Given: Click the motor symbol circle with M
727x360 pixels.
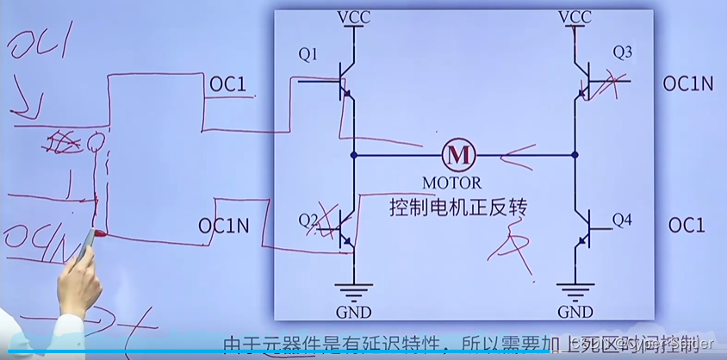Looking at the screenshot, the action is [x=458, y=156].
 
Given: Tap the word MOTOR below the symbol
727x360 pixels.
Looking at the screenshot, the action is [x=452, y=183].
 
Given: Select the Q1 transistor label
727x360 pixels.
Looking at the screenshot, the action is [x=308, y=55].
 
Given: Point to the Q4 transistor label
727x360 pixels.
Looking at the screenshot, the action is [x=622, y=220].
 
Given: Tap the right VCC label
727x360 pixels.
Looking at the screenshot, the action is [x=575, y=17].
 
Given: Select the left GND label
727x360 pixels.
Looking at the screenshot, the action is [x=354, y=311].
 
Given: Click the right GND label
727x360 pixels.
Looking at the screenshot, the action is [x=575, y=311].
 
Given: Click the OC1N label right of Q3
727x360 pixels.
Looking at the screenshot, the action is [x=688, y=84].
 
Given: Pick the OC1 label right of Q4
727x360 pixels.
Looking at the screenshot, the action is [x=686, y=226].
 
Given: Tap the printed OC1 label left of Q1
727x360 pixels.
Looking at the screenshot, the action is [x=228, y=84].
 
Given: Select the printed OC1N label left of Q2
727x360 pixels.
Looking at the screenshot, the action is [x=224, y=226].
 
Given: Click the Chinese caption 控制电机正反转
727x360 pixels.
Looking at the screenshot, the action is [x=457, y=208].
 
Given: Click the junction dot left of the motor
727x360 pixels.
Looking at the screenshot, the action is [x=354, y=156].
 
